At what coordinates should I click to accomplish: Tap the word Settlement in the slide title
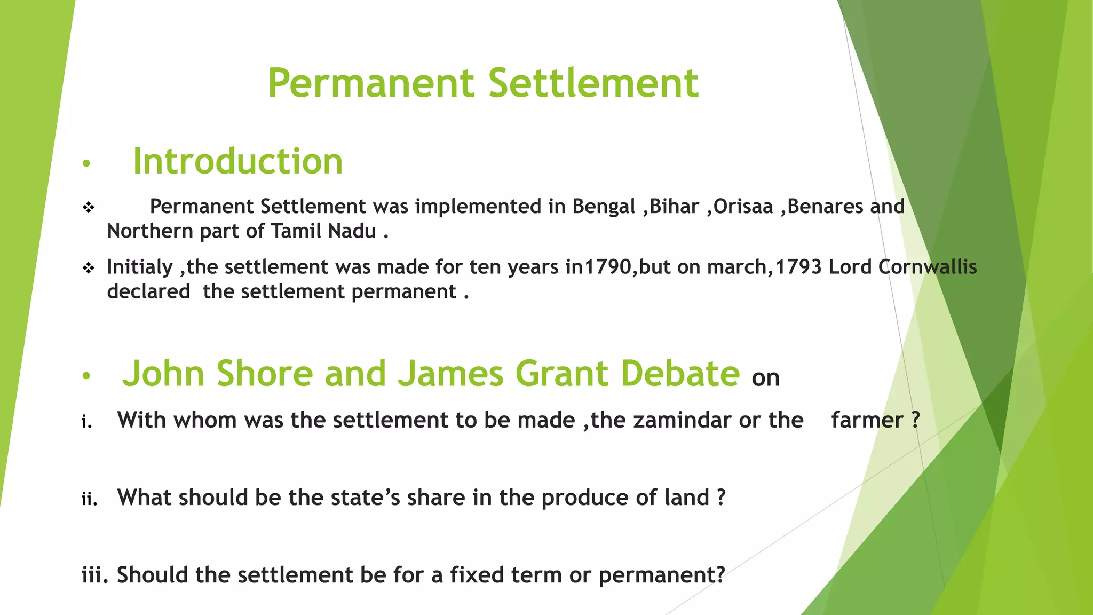[593, 83]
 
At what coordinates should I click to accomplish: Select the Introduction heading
[237, 161]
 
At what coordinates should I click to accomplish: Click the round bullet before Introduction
[86, 163]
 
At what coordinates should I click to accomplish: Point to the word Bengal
[604, 206]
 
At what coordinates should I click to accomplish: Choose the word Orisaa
[743, 206]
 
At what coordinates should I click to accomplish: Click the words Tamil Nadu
[323, 231]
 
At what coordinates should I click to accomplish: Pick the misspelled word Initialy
[140, 267]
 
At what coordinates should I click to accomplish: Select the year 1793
[798, 267]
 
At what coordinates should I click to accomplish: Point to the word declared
[148, 291]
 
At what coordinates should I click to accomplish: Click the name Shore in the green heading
[265, 373]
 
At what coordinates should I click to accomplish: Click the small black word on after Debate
[766, 378]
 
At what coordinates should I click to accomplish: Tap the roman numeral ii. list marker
[89, 499]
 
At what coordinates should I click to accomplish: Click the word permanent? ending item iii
[662, 575]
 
